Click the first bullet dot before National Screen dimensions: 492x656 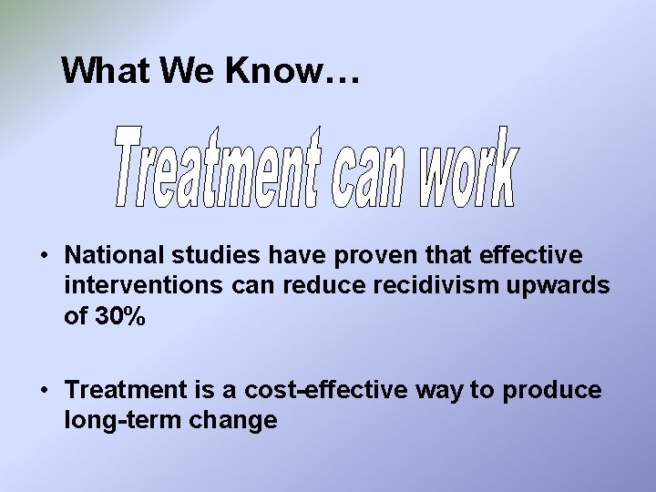[x=44, y=255]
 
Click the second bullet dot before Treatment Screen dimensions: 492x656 [x=44, y=391]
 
